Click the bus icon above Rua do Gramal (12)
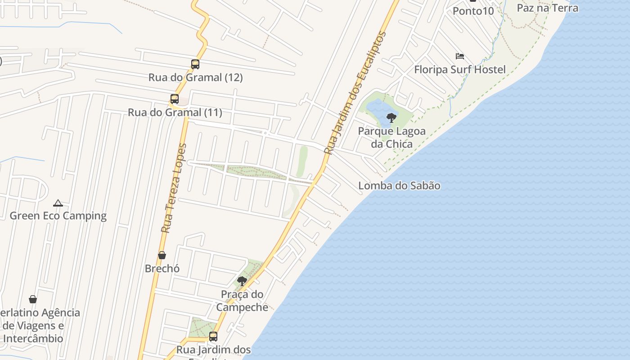pyautogui.click(x=195, y=64)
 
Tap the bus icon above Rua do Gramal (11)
pyautogui.click(x=174, y=99)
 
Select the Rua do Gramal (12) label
pyautogui.click(x=195, y=77)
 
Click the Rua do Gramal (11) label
pyautogui.click(x=175, y=112)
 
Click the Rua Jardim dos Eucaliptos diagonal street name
pyautogui.click(x=355, y=93)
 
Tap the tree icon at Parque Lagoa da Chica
pyautogui.click(x=391, y=118)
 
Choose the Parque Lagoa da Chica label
pyautogui.click(x=391, y=138)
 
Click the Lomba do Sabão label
pyautogui.click(x=399, y=185)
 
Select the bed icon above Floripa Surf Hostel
pyautogui.click(x=459, y=56)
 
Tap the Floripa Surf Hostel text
pyautogui.click(x=459, y=69)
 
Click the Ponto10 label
pyautogui.click(x=473, y=11)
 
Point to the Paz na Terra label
pyautogui.click(x=547, y=8)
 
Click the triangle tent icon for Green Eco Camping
pyautogui.click(x=58, y=203)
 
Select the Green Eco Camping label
pyautogui.click(x=58, y=216)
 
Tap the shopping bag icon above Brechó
pyautogui.click(x=162, y=256)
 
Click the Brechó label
pyautogui.click(x=162, y=269)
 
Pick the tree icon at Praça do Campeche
pyautogui.click(x=242, y=282)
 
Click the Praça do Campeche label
pyautogui.click(x=242, y=301)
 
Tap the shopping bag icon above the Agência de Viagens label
pyautogui.click(x=33, y=299)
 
